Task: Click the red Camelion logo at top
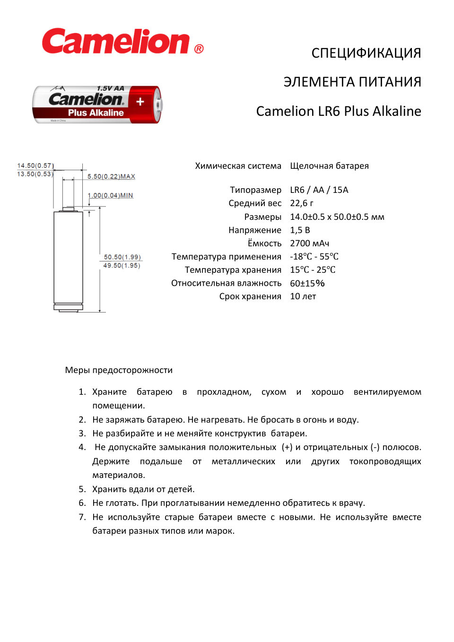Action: [116, 42]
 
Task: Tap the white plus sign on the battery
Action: [140, 102]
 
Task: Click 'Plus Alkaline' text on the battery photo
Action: [96, 113]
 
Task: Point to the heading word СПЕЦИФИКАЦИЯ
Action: [366, 53]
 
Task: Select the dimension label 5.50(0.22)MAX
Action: [111, 176]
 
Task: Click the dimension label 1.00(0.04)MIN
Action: [110, 195]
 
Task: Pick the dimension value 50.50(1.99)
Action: [122, 257]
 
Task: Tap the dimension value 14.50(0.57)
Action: [35, 165]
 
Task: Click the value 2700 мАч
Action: [309, 243]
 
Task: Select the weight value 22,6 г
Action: [301, 203]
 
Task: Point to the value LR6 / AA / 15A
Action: [319, 190]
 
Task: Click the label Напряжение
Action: [255, 230]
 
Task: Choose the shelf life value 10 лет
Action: [303, 296]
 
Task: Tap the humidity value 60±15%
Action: [307, 283]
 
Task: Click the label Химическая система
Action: [238, 165]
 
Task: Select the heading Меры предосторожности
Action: [119, 370]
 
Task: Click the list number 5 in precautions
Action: [82, 489]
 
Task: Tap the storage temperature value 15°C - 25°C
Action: [313, 269]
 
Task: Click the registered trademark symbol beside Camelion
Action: [199, 49]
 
